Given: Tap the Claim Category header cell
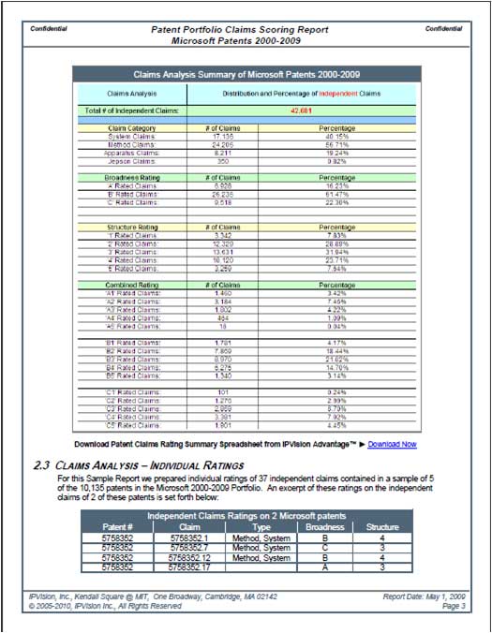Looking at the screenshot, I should (x=131, y=127).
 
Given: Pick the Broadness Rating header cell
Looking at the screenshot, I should (x=131, y=177).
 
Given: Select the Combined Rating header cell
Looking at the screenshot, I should (x=131, y=284).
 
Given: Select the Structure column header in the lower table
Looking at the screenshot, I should (x=381, y=526).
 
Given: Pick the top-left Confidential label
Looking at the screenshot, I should (x=49, y=29).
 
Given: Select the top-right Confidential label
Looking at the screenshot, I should (x=442, y=29).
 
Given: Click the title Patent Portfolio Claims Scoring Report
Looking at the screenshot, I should (x=240, y=29).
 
